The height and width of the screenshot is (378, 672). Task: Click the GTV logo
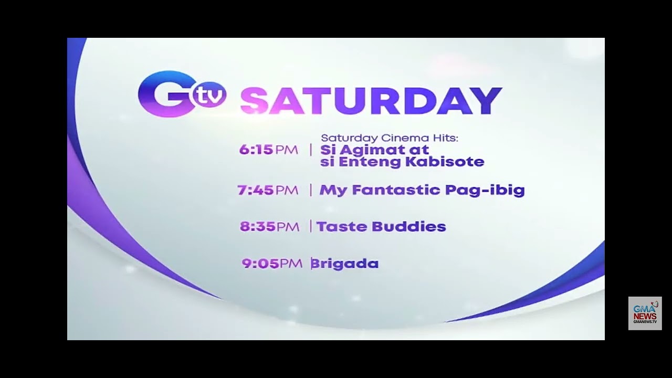coord(182,94)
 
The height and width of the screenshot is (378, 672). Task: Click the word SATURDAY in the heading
coord(371,101)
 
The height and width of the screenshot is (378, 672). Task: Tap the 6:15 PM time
coord(268,150)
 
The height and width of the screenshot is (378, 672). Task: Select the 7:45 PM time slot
coord(267,190)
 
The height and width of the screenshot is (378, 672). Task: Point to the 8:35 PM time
coord(269,227)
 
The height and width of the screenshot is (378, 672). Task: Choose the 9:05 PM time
coord(271,264)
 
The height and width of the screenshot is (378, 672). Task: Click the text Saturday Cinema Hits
coord(390,138)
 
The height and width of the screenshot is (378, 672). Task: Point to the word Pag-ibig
coord(485,191)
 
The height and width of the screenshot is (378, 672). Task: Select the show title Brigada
coord(345,264)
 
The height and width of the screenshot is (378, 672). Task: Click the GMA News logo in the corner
coord(645,313)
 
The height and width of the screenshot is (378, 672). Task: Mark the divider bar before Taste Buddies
coord(310,227)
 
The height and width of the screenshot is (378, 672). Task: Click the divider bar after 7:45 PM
coord(310,190)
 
